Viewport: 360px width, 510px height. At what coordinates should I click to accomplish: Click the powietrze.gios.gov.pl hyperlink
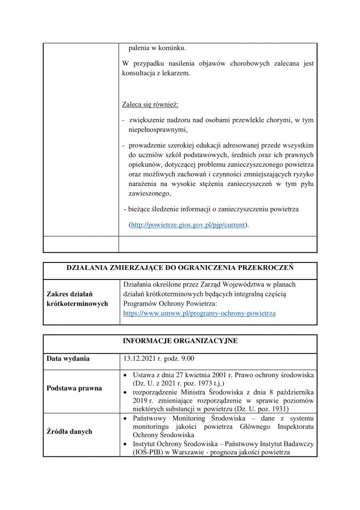[188, 225]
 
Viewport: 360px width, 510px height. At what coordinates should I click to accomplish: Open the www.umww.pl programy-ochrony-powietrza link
[199, 314]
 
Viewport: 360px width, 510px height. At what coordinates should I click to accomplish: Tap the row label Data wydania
[67, 358]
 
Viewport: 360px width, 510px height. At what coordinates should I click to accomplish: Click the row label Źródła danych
[69, 431]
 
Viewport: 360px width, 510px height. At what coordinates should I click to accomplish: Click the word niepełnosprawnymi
[157, 129]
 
